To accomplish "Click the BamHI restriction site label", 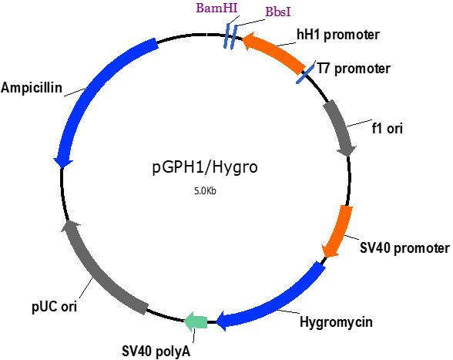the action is click(x=216, y=8).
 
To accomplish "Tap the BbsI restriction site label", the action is click(x=278, y=12).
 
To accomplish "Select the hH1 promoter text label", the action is click(x=338, y=35).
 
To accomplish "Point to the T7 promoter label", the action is click(x=354, y=69).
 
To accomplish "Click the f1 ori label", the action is click(x=387, y=129).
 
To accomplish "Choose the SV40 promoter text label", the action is click(x=404, y=248).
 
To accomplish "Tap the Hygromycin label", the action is click(x=336, y=321).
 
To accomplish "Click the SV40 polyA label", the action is click(x=156, y=352).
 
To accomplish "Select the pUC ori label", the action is click(x=54, y=307).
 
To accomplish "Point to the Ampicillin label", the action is click(x=32, y=87).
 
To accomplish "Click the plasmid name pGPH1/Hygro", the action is click(x=205, y=167).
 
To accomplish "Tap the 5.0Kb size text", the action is click(x=205, y=191).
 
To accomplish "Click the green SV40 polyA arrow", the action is click(x=196, y=321).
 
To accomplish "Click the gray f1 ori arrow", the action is click(x=340, y=129).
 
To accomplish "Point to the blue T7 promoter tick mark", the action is click(x=305, y=74).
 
